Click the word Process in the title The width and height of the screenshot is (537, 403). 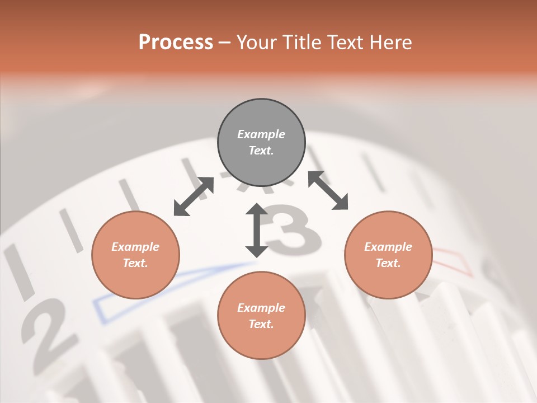click(x=176, y=43)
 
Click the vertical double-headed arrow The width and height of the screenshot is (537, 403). click(x=257, y=230)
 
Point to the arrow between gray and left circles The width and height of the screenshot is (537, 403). click(x=194, y=196)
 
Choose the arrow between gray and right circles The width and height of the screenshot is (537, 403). click(x=328, y=190)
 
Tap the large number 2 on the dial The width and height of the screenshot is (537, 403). click(x=48, y=330)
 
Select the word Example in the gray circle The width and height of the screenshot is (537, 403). click(x=261, y=134)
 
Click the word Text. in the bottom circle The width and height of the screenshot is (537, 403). click(x=261, y=324)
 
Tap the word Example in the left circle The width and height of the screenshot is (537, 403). click(x=135, y=247)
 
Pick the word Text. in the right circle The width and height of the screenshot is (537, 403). click(x=388, y=263)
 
